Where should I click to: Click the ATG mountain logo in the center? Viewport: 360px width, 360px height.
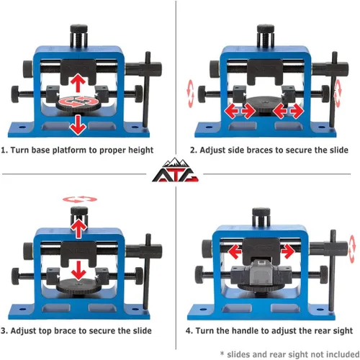175,170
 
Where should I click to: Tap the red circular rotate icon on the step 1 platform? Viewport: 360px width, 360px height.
78,102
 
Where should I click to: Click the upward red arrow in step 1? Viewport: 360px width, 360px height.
78,83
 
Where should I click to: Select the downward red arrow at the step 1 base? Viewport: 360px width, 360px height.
78,125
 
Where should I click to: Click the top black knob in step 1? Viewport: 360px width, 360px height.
78,29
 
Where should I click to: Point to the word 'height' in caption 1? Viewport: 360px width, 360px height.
140,150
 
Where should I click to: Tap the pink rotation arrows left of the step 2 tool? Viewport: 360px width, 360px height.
190,94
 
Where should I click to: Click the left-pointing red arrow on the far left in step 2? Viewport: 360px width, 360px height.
231,111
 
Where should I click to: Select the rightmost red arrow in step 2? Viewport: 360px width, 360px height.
297,111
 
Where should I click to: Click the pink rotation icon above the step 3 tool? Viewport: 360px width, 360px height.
80,199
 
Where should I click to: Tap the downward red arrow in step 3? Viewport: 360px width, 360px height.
78,271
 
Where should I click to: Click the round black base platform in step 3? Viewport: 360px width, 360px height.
78,286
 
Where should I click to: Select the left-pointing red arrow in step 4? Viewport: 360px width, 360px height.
235,251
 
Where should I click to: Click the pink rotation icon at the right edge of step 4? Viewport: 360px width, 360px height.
352,249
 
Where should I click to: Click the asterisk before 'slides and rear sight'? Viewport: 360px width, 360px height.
222,353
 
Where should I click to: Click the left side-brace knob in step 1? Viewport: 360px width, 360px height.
15,94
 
